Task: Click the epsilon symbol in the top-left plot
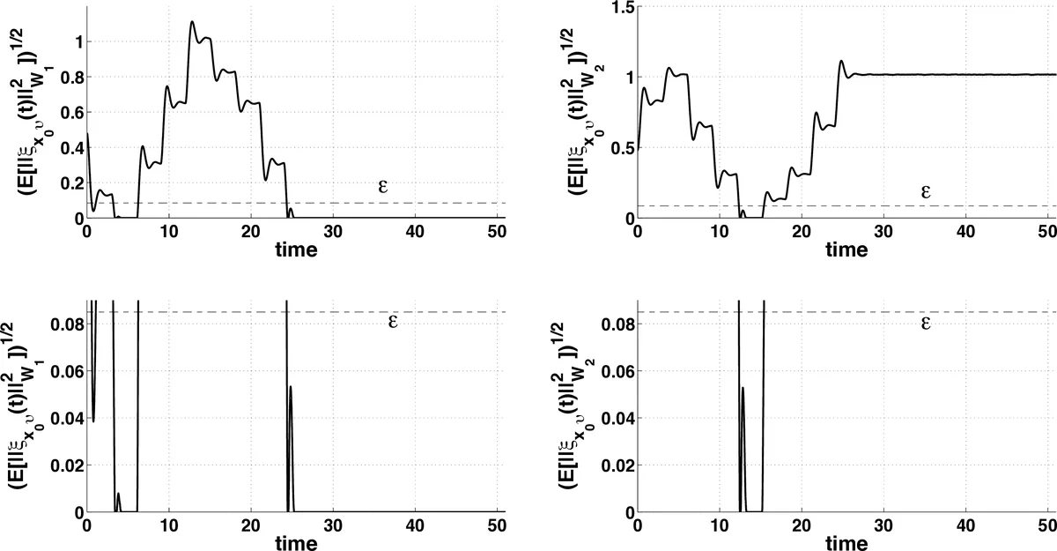382,188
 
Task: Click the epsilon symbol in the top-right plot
926,190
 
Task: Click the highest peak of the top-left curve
192,22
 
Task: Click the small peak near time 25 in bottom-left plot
290,387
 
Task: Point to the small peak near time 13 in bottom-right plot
743,388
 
